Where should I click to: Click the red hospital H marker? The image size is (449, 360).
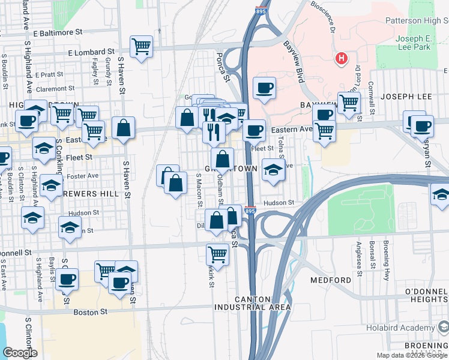[x=342, y=59]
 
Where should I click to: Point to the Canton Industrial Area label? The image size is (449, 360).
[x=254, y=303]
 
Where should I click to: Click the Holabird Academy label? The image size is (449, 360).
[x=401, y=328]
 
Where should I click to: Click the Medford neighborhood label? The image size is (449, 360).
[x=331, y=280]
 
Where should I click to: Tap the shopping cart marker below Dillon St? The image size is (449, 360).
[x=217, y=254]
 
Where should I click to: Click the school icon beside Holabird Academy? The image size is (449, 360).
[x=444, y=328]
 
